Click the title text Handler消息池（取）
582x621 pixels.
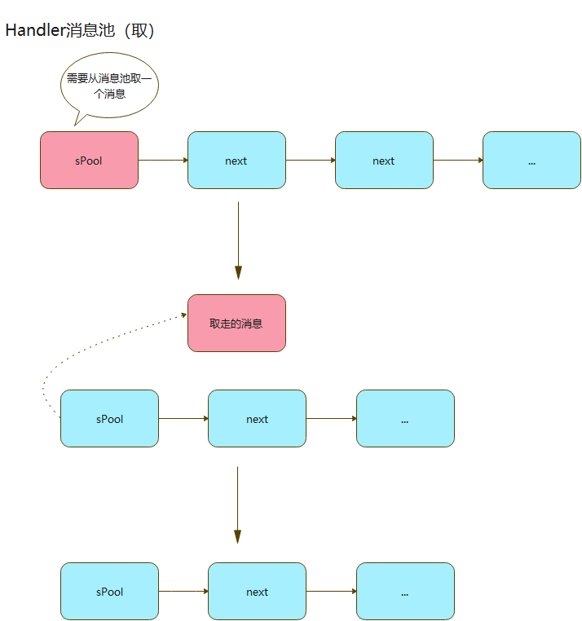pos(80,31)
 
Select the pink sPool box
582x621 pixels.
pos(89,161)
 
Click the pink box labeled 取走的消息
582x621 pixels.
pos(236,324)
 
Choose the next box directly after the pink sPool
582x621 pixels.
pos(236,161)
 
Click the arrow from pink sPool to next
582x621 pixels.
pos(163,161)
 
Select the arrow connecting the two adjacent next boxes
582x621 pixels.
pos(311,161)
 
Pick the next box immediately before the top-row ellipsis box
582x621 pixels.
pos(384,161)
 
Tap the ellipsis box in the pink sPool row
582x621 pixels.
pos(531,161)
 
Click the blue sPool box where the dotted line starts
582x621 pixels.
pos(109,419)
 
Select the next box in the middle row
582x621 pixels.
pos(257,419)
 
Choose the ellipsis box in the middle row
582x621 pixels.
pos(405,419)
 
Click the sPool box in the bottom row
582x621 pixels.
pos(109,592)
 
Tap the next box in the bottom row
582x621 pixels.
pos(257,592)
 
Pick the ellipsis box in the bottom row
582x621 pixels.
pos(405,592)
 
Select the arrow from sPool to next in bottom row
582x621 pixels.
pos(183,592)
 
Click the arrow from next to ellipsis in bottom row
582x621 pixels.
pos(331,592)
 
